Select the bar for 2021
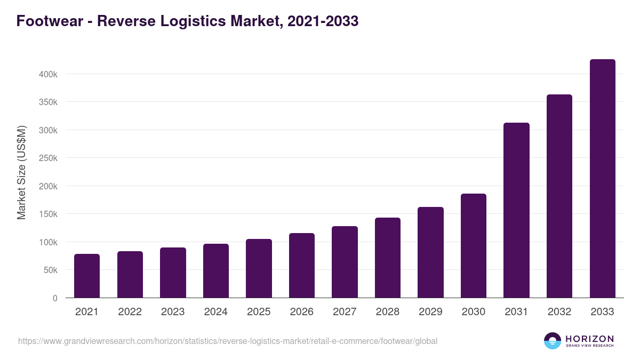tap(87, 276)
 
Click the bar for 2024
tap(216, 271)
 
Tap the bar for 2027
tap(345, 262)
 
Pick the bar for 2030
tap(474, 246)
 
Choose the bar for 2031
tap(516, 210)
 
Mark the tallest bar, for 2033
tap(602, 179)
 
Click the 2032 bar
tap(559, 196)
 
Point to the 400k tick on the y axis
tap(48, 74)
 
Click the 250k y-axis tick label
tap(48, 158)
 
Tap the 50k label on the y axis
tap(50, 270)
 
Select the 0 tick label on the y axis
tap(55, 299)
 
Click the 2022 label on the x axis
tap(130, 312)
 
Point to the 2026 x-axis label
tap(302, 312)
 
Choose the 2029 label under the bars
tap(430, 312)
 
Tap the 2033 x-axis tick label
tap(602, 312)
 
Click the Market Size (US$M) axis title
tap(21, 172)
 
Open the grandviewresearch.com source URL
tap(228, 341)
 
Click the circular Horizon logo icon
tap(553, 341)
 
